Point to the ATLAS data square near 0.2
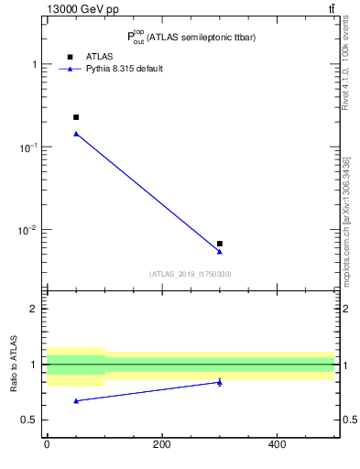(76, 117)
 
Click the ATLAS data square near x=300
(220, 244)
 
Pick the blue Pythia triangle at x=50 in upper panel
(76, 134)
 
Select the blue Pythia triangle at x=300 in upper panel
(220, 251)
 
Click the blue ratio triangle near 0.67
(76, 400)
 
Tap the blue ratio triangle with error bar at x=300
(220, 382)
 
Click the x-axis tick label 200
(162, 444)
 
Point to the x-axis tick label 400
(277, 444)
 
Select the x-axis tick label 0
(47, 444)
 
